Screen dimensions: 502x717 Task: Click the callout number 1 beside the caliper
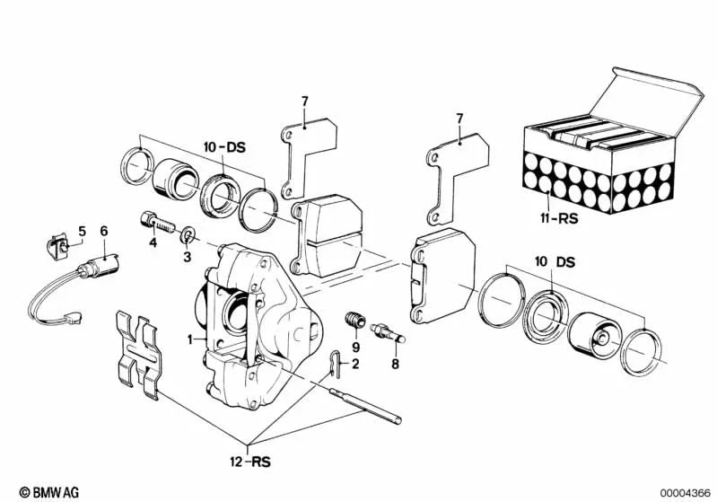click(x=189, y=340)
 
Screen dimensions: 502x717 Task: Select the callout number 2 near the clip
click(x=355, y=364)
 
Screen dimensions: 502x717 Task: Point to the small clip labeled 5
click(x=56, y=242)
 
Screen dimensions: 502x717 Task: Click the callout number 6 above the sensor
click(x=104, y=231)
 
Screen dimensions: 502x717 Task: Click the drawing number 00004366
click(x=684, y=492)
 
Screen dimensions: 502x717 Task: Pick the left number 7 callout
click(x=304, y=102)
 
